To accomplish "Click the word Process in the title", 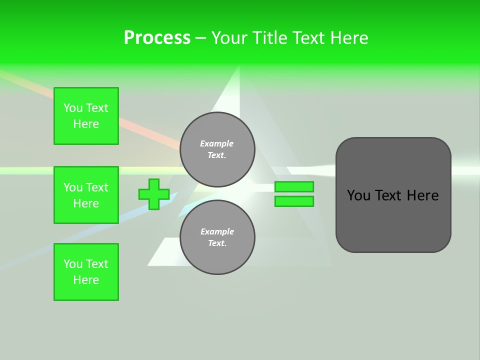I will click(x=157, y=37).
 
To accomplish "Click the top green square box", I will click(x=86, y=116).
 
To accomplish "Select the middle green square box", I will click(x=86, y=195).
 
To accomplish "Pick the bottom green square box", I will click(x=86, y=272).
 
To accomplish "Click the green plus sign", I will click(x=154, y=194).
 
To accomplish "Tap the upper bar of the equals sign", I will click(x=294, y=186).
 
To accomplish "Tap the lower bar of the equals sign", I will click(x=294, y=201).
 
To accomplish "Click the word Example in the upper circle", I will click(x=216, y=143).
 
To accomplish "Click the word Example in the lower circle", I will click(x=217, y=231).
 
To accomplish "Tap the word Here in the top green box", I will click(x=86, y=124).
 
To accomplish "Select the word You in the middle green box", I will click(x=72, y=187).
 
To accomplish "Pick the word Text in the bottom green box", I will click(x=97, y=264).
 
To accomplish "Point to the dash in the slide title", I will click(x=200, y=37).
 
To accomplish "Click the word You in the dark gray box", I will click(x=358, y=195).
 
